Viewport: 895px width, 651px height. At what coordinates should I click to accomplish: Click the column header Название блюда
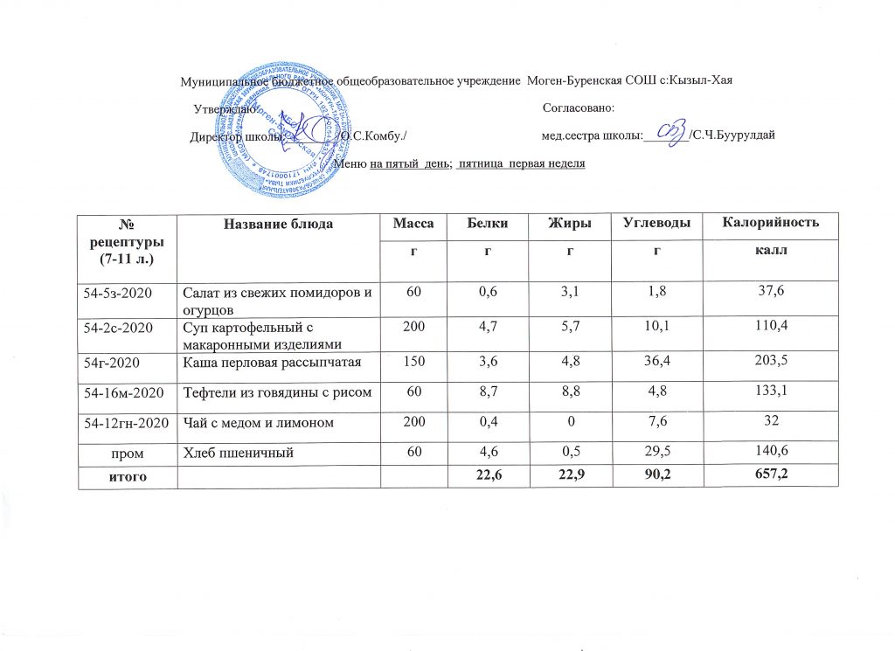(x=279, y=225)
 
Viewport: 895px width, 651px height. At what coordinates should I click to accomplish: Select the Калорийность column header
(x=770, y=225)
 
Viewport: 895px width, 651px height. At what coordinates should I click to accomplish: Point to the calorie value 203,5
(x=770, y=360)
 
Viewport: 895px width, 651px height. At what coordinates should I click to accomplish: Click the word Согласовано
(x=579, y=107)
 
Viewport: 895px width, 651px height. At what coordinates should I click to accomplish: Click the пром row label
(x=127, y=453)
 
